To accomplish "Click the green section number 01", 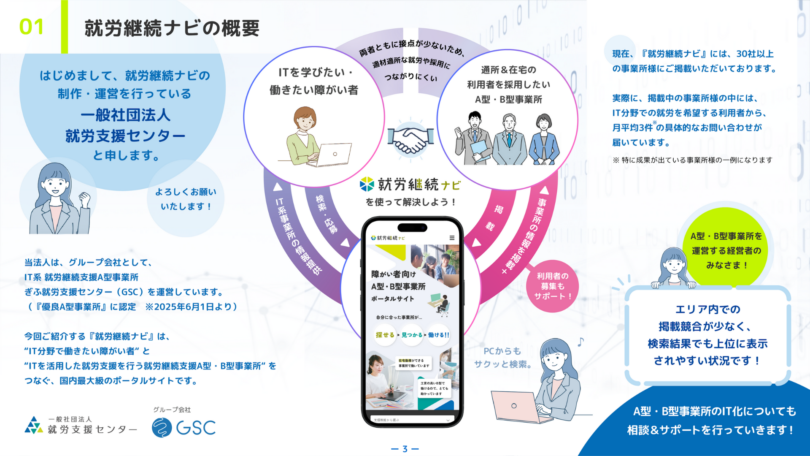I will pos(32,27).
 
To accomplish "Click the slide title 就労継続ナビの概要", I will pos(172,28).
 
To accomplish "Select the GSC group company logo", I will pos(184,427).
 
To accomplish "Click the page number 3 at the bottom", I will pos(405,449).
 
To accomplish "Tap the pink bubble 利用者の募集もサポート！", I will pos(552,286).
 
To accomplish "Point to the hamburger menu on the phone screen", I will pos(452,238).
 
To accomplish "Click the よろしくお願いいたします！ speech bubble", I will pos(186,199).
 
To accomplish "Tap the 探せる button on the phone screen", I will pos(385,335).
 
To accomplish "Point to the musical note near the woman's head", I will pos(581,342).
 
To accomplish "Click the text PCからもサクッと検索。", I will pos(502,358).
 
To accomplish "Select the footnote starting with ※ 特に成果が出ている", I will pos(692,160).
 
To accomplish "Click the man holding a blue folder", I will pos(474,139).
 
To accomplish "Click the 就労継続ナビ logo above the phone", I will pos(410,185).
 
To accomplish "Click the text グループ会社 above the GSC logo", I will pos(172,410).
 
